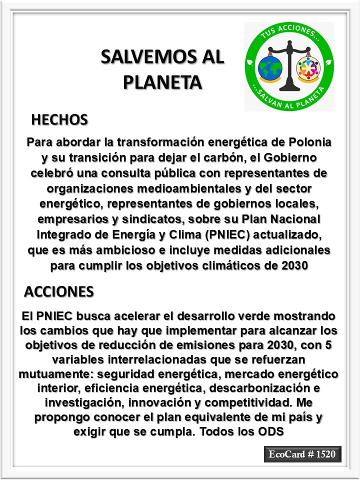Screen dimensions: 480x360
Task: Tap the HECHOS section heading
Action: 59,120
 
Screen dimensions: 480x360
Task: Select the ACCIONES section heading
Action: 59,291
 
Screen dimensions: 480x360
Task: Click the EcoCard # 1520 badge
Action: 303,454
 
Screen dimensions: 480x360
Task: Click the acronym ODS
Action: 272,431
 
